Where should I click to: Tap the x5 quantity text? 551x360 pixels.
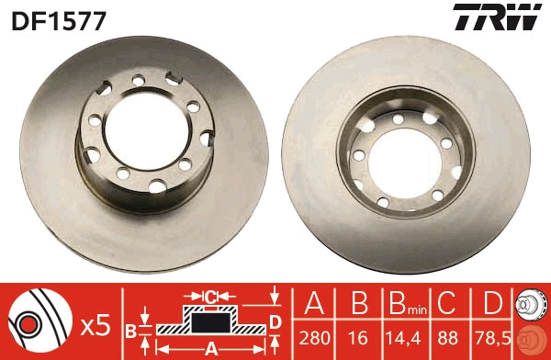coord(96,324)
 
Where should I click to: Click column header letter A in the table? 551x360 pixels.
coord(314,303)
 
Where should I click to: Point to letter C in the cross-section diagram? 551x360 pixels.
coord(209,297)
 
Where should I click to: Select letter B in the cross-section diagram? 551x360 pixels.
coord(131,329)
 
